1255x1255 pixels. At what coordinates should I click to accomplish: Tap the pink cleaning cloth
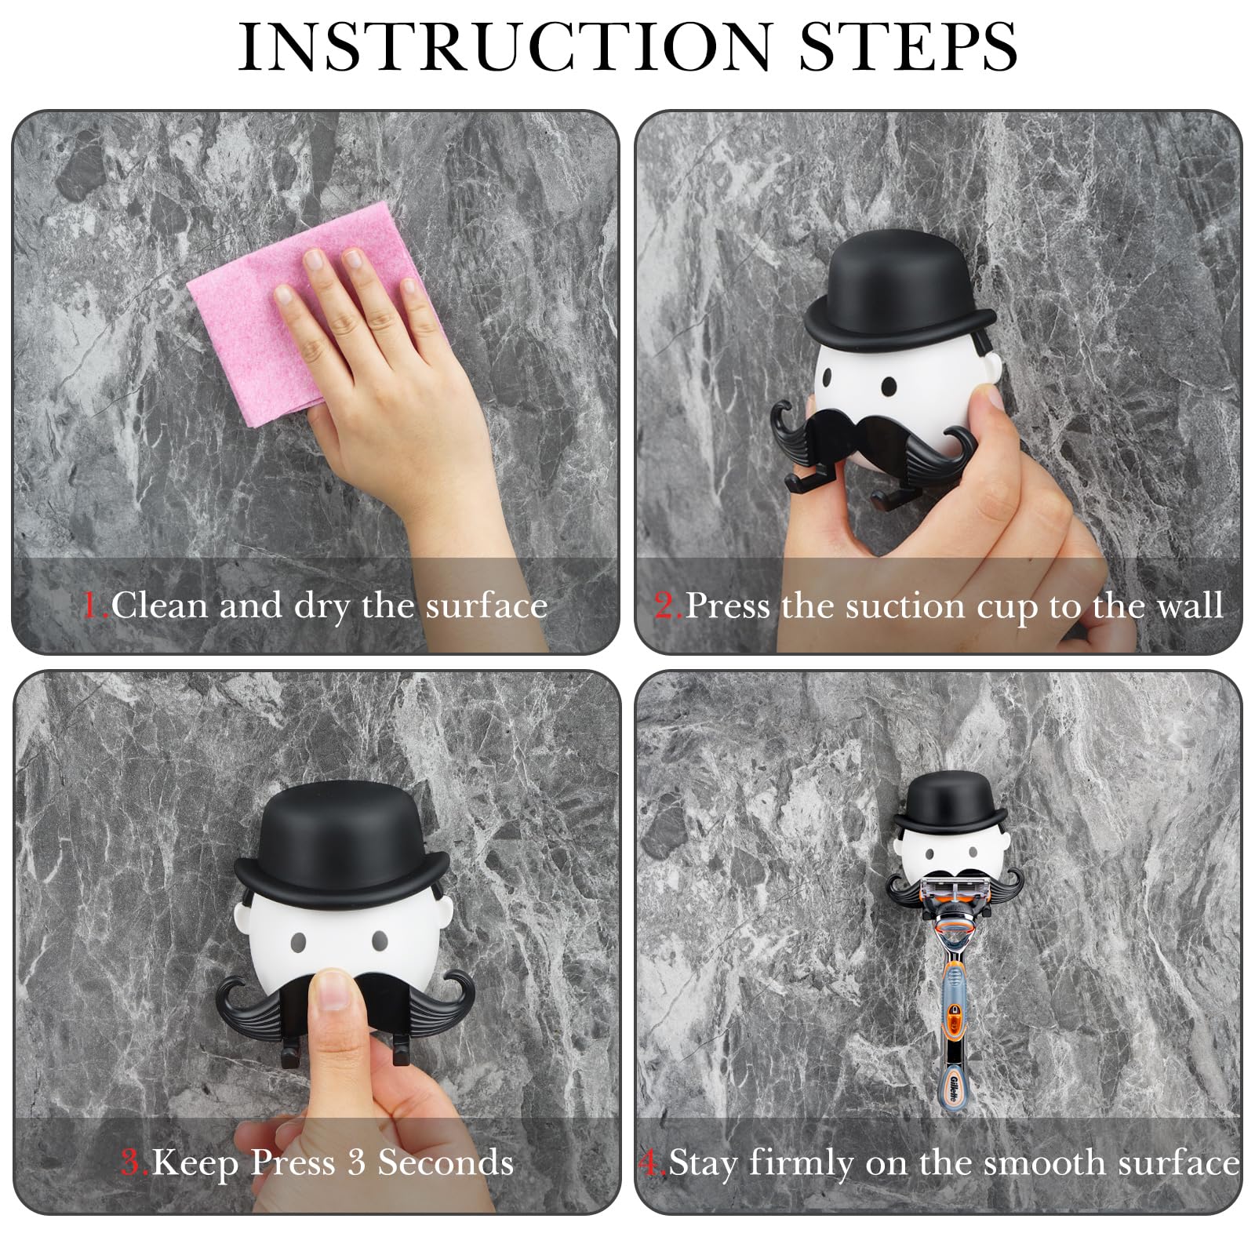[x=314, y=314]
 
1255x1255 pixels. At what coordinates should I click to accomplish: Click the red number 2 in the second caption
[x=666, y=606]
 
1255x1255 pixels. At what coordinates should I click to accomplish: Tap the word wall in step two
[x=1189, y=606]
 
